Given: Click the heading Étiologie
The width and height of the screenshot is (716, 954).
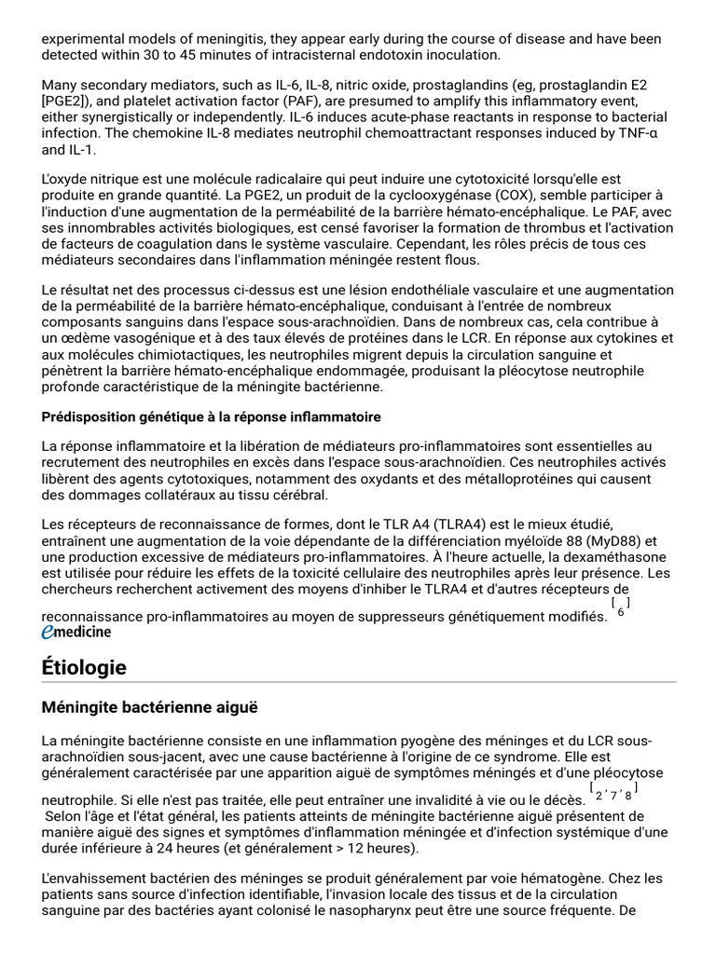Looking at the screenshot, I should (84, 667).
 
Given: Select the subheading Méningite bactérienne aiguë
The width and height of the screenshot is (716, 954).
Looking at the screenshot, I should (149, 707).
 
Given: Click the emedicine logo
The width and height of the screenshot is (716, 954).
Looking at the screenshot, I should (76, 632).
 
